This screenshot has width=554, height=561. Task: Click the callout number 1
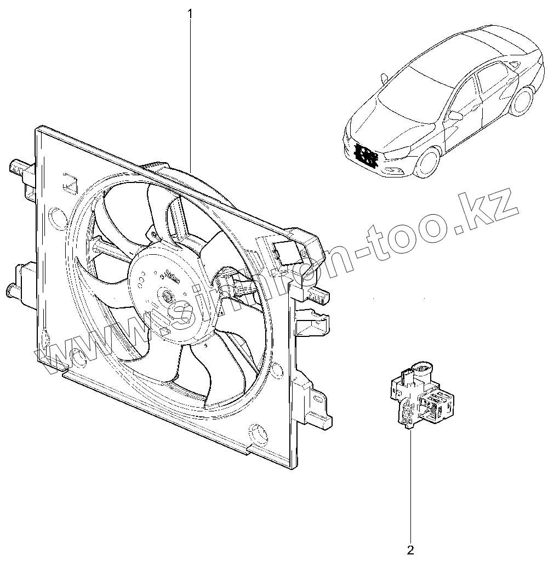pyautogui.click(x=191, y=12)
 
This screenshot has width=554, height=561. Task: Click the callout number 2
pyautogui.click(x=410, y=548)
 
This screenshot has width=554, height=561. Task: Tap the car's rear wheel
pyautogui.click(x=522, y=102)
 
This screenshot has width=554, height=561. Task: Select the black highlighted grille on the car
pyautogui.click(x=365, y=154)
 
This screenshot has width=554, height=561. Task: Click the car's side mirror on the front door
pyautogui.click(x=455, y=116)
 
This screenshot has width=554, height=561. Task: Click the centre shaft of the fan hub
pyautogui.click(x=165, y=296)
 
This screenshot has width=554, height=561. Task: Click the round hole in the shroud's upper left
pyautogui.click(x=57, y=217)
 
